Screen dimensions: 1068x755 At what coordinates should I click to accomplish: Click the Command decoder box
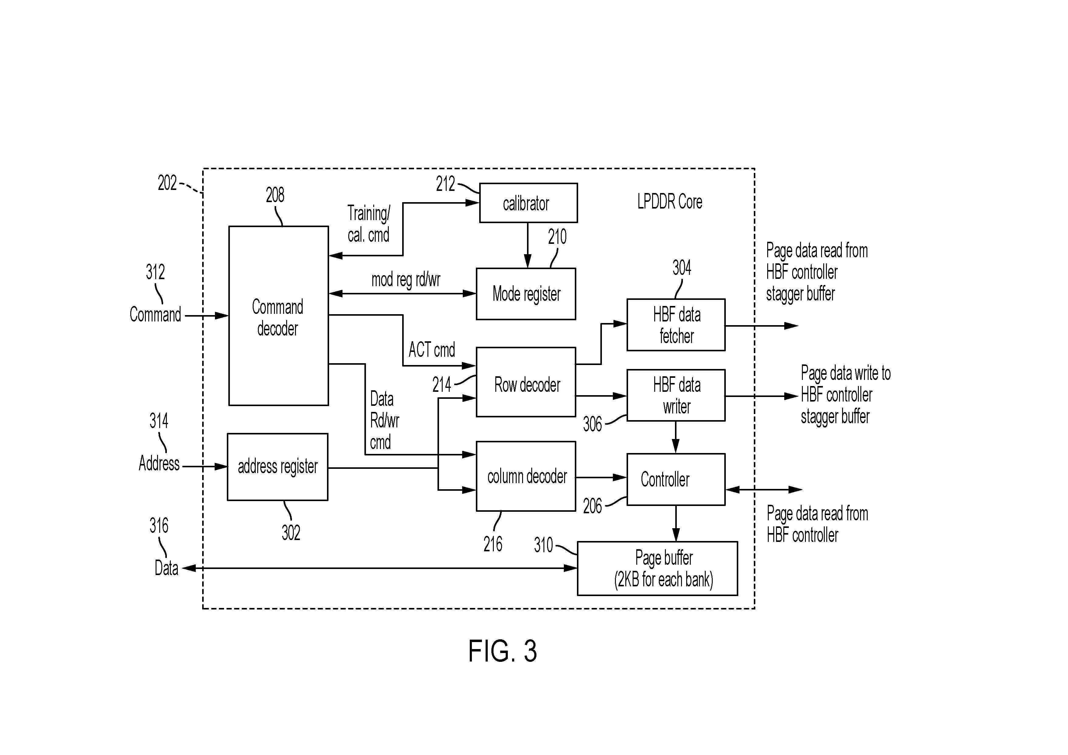pos(278,316)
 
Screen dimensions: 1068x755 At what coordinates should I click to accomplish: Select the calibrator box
pos(529,203)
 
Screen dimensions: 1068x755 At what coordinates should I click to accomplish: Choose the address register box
pos(278,467)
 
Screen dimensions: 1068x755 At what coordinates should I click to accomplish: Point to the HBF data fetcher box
pos(676,325)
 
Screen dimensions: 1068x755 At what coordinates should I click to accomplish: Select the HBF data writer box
pos(676,395)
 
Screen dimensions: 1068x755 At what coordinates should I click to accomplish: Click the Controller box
pos(676,479)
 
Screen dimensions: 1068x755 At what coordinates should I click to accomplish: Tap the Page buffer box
pos(657,568)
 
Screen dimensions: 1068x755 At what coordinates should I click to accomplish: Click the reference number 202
pos(167,183)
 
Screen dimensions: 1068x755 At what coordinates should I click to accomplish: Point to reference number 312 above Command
pos(155,272)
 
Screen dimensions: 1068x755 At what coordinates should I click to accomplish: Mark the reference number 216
pos(493,544)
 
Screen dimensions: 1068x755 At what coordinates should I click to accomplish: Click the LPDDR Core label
pos(669,202)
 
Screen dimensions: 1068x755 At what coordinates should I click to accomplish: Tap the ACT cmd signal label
pos(432,350)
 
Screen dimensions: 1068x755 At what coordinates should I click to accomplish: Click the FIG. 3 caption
pos(502,651)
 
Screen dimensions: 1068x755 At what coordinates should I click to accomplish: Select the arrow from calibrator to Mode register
pos(528,245)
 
